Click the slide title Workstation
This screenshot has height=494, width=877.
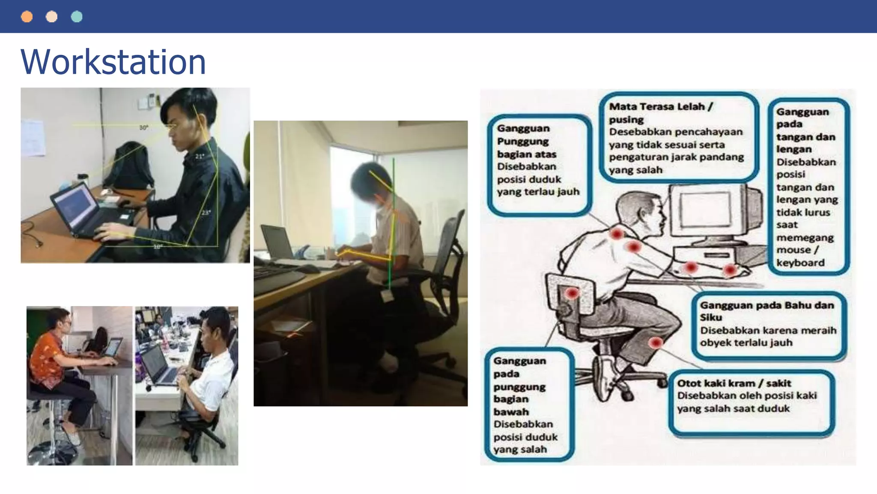[x=113, y=62]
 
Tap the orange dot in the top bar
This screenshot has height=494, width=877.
[x=27, y=17]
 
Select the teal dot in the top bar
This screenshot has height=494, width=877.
[x=77, y=17]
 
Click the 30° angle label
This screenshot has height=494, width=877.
[x=143, y=128]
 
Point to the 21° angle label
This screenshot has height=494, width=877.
[x=200, y=157]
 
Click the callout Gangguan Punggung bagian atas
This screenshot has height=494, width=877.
[x=538, y=165]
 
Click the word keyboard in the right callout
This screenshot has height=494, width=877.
[x=800, y=263]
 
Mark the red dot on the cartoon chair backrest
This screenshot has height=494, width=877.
[x=572, y=293]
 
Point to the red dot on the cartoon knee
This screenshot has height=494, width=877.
[x=655, y=343]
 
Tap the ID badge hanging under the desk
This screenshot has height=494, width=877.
[x=388, y=295]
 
